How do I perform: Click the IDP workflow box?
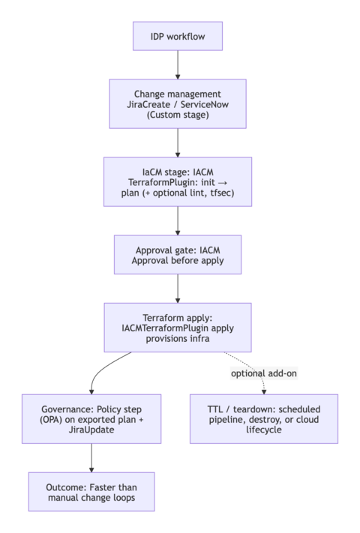[x=178, y=36]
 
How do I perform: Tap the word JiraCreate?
[x=149, y=105]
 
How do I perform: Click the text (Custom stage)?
[x=178, y=116]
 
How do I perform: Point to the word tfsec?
[x=223, y=194]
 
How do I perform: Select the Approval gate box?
[x=178, y=255]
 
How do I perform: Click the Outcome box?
[x=91, y=492]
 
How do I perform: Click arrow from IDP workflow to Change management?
[x=178, y=66]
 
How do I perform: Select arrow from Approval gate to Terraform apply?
[x=178, y=289]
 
